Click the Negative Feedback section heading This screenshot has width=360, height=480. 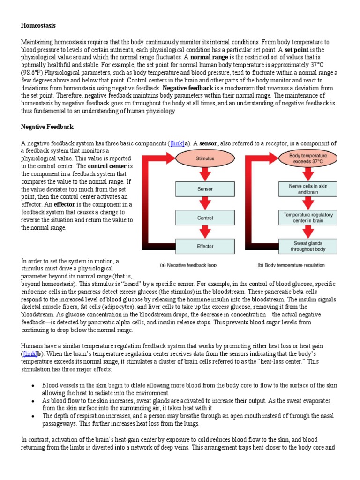coord(47,127)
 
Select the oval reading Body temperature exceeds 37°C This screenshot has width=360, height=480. coord(308,158)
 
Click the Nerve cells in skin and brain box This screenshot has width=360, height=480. coord(308,189)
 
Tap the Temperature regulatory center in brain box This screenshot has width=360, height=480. coord(308,217)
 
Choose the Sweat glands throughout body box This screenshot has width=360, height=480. coord(308,246)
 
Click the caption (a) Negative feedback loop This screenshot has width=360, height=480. coord(188,265)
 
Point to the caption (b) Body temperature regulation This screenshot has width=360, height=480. coord(291,265)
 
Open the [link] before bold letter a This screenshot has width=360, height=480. coord(177,143)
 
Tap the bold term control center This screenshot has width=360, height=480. coord(107,166)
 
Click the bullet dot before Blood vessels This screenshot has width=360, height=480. coord(33,385)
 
